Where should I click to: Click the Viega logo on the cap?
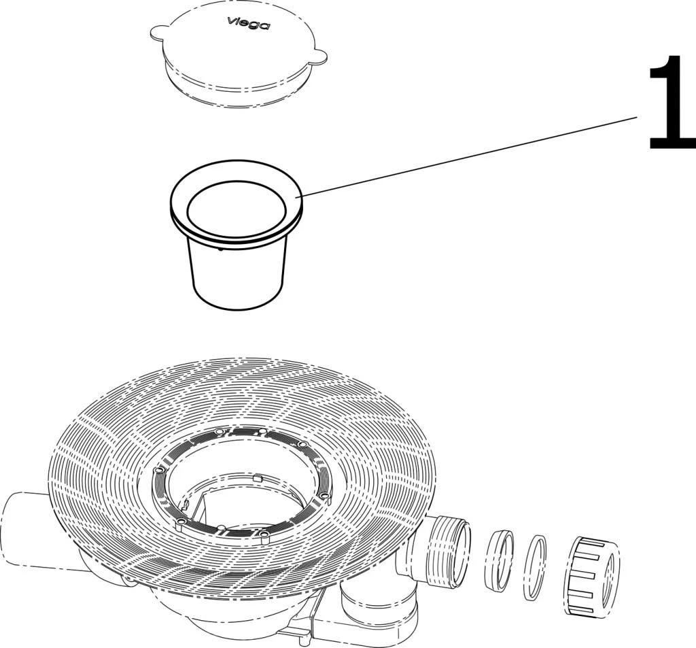248,22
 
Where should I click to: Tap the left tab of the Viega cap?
158,32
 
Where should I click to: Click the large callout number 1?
671,102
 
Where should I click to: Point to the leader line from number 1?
470,156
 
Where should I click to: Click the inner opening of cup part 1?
237,207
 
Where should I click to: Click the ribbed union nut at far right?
592,575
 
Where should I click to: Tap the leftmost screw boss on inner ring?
160,469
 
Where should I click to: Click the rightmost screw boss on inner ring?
326,495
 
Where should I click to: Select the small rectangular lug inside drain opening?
256,478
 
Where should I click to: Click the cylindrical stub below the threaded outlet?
364,604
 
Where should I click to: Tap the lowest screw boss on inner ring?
264,536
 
